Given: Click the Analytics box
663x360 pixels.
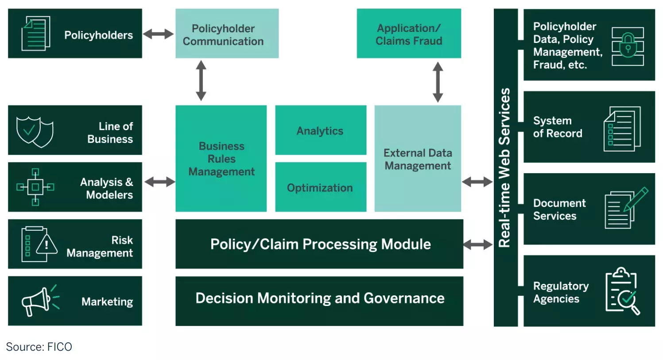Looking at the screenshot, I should pyautogui.click(x=320, y=130).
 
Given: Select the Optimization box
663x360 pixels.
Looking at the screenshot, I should pyautogui.click(x=320, y=187).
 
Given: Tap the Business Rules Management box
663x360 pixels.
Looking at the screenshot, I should pyautogui.click(x=221, y=159).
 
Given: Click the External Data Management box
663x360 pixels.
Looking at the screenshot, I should pyautogui.click(x=417, y=159).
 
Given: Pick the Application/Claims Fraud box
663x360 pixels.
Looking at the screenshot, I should pyautogui.click(x=408, y=34).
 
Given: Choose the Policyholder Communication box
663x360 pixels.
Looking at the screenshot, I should pyautogui.click(x=227, y=34).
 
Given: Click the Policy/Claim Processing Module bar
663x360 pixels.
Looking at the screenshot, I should pyautogui.click(x=319, y=244).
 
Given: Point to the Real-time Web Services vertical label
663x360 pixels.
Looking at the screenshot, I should pyautogui.click(x=505, y=167).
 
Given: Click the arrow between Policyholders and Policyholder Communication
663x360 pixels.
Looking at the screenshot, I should pyautogui.click(x=158, y=34).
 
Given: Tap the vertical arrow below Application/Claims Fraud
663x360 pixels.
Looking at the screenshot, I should pyautogui.click(x=438, y=82).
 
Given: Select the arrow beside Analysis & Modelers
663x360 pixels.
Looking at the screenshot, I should pyautogui.click(x=159, y=182).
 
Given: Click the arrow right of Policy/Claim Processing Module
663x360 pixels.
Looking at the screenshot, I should pyautogui.click(x=477, y=244).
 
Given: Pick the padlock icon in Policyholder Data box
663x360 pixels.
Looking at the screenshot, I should pyautogui.click(x=628, y=45).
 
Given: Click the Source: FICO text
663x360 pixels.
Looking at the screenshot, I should pyautogui.click(x=39, y=347).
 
